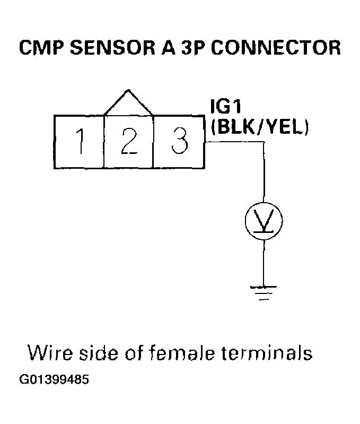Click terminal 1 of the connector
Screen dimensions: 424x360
80,142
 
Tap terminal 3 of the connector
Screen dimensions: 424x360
179,142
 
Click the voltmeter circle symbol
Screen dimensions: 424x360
264,220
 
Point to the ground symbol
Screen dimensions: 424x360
264,292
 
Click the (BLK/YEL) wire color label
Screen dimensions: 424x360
259,128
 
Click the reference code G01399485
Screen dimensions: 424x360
54,380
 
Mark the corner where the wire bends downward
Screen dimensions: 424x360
264,142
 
